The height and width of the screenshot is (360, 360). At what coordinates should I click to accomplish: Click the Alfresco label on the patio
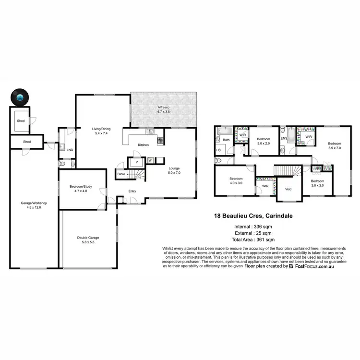[x=164, y=109]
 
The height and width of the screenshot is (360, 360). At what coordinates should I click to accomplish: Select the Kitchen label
[x=143, y=144]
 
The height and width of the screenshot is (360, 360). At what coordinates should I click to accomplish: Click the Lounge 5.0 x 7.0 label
[x=174, y=170]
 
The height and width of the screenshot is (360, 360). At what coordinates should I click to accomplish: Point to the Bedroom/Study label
[x=81, y=189]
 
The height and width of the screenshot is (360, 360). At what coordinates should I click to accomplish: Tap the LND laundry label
[x=70, y=150]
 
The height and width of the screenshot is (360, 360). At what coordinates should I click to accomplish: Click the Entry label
[x=132, y=191]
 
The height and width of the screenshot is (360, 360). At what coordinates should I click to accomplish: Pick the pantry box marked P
[x=137, y=162]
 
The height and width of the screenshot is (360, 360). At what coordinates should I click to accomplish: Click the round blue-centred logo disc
[x=20, y=98]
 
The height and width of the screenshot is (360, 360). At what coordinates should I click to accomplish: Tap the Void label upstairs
[x=288, y=189]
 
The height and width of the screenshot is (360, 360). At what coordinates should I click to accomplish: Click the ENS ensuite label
[x=283, y=139]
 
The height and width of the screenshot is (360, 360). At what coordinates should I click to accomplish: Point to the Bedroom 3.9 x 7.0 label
[x=334, y=145]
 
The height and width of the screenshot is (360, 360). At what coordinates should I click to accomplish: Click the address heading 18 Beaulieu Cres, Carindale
[x=254, y=216]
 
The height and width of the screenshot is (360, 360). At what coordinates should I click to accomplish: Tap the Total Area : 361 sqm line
[x=254, y=239]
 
